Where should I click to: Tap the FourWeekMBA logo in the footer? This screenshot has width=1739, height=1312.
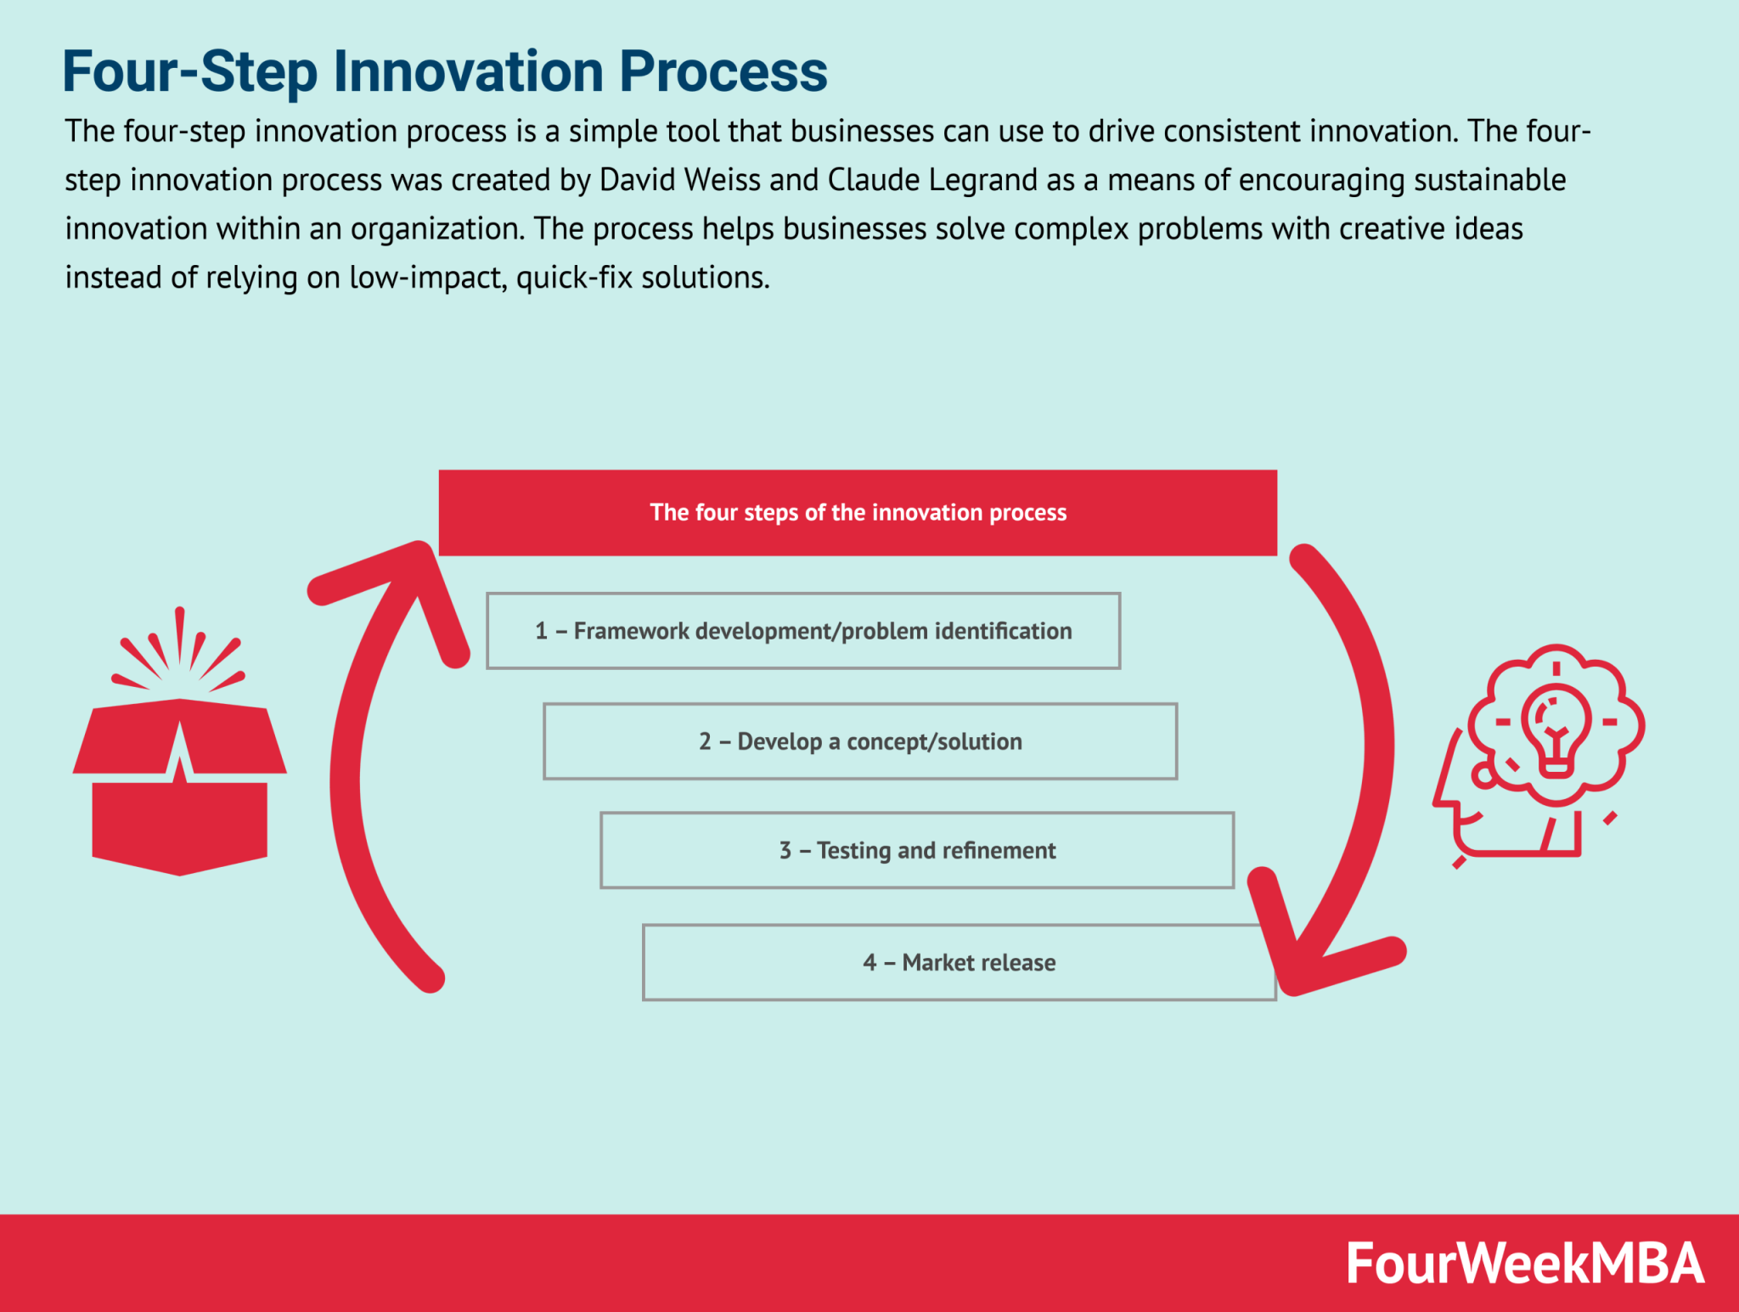click(x=1524, y=1263)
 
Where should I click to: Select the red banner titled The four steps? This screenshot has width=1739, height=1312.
click(x=858, y=513)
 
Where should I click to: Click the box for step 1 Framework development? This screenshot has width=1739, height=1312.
click(x=803, y=631)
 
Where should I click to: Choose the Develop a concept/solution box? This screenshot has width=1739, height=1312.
click(x=860, y=741)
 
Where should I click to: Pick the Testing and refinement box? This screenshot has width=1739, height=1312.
click(x=917, y=851)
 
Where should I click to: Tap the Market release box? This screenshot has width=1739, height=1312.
click(x=959, y=962)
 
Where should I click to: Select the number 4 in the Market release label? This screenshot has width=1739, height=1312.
click(x=869, y=962)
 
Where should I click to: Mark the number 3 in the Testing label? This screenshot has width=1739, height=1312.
click(x=785, y=851)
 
